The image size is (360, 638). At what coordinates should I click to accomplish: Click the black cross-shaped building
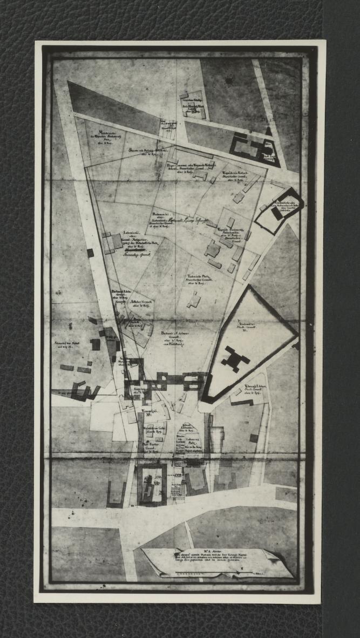pyautogui.click(x=235, y=359)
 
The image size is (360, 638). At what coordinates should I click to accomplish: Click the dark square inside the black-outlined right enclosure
pyautogui.click(x=276, y=214)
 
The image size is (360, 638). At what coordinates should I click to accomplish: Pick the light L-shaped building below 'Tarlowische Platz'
pyautogui.click(x=194, y=300)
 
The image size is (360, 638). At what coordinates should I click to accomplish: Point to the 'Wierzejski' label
pyautogui.click(x=147, y=415)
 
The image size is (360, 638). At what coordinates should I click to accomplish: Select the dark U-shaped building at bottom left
pyautogui.click(x=116, y=494)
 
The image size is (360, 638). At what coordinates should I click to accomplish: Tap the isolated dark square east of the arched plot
pyautogui.click(x=254, y=438)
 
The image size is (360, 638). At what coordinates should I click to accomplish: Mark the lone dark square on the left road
pyautogui.click(x=90, y=253)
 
